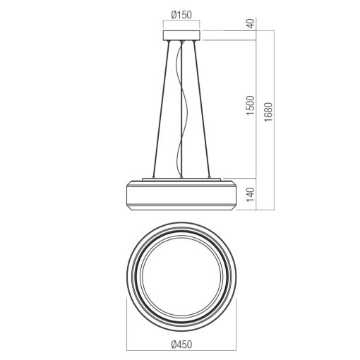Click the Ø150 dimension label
point(181,15)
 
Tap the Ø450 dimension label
point(181,344)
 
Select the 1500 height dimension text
point(251,105)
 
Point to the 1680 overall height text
point(268,112)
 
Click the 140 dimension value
point(251,194)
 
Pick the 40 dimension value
point(251,23)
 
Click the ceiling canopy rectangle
point(181,35)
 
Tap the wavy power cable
point(183,109)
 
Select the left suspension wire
point(161,109)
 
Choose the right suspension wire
point(202,109)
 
